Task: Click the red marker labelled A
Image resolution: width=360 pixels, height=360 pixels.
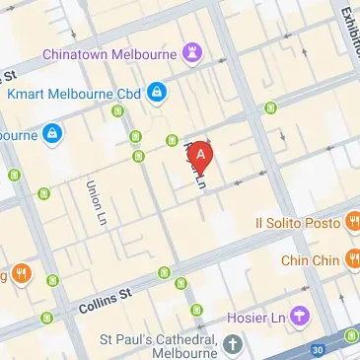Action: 201,154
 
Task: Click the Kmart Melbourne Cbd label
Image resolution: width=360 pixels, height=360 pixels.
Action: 73,94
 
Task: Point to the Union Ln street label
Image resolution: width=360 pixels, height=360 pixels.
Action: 96,201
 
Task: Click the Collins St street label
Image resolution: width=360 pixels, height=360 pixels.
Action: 106,299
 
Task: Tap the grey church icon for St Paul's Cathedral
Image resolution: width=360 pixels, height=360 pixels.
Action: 233,345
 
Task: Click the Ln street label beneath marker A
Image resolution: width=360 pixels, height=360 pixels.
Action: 200,180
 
